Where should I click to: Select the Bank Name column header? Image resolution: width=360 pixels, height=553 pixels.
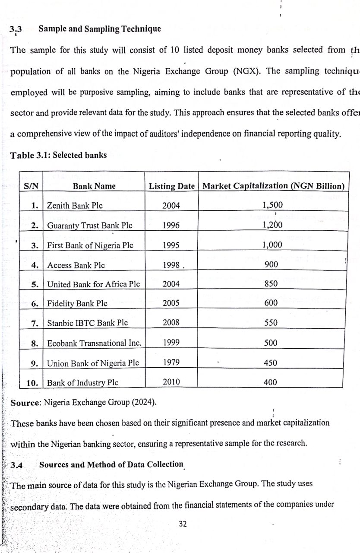tap(94, 186)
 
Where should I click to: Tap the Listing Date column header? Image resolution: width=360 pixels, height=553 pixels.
tap(171, 186)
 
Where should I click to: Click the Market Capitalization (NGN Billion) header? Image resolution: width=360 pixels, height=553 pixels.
tap(273, 186)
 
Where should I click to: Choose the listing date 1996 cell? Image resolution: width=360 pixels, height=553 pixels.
tap(171, 225)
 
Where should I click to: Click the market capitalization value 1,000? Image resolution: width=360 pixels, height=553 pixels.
tap(272, 245)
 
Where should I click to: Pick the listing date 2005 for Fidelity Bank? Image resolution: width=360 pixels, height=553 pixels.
tap(171, 303)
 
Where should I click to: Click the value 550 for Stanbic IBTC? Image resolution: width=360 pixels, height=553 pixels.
tap(271, 323)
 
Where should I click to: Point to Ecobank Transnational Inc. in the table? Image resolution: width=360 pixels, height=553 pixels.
tap(94, 343)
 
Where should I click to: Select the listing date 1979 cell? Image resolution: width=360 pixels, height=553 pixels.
tap(171, 362)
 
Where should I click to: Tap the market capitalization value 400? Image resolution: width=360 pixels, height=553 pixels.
tap(271, 382)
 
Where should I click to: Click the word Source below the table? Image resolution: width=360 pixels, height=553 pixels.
tap(25, 403)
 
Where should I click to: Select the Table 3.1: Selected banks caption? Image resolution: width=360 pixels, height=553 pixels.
tap(58, 155)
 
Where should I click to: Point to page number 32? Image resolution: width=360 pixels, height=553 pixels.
tap(183, 524)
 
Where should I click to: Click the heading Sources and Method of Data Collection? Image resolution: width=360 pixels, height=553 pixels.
tap(111, 464)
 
